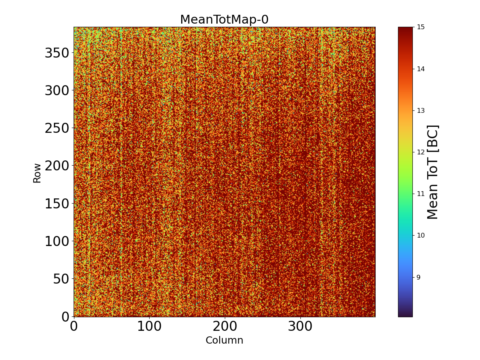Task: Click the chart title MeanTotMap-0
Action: (x=224, y=20)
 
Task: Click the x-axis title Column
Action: (x=224, y=340)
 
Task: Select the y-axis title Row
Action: (x=37, y=173)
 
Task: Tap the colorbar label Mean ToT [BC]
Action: (x=433, y=172)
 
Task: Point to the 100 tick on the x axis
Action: (x=149, y=326)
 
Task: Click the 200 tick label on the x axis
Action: (x=225, y=326)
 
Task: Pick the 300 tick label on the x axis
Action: (x=300, y=326)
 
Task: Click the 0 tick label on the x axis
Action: (x=74, y=326)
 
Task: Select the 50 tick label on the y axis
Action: (x=61, y=279)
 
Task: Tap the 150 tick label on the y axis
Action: (x=56, y=203)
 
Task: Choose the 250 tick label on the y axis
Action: (x=56, y=128)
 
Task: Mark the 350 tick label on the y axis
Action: (x=56, y=53)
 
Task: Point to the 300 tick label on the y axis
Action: (x=56, y=90)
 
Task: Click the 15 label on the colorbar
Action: (x=421, y=27)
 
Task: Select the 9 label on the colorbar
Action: (x=419, y=277)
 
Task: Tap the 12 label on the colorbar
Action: (x=421, y=152)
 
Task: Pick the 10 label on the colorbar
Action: (x=421, y=235)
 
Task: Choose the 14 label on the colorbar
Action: (x=421, y=69)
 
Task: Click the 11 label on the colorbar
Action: (x=421, y=194)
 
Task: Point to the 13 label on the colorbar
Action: (x=421, y=110)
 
